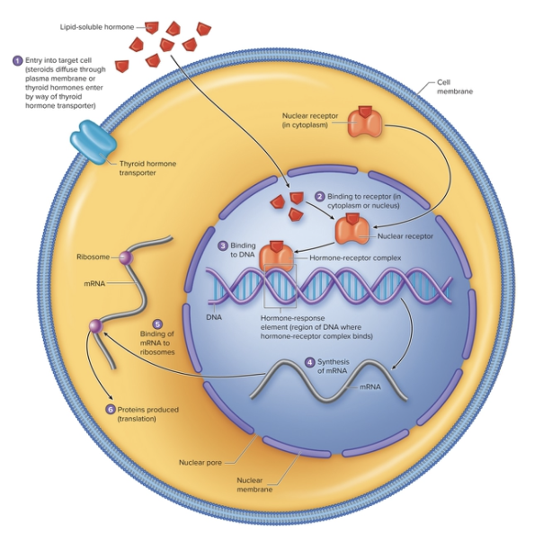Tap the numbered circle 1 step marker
(16, 60)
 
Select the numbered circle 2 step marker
(319, 197)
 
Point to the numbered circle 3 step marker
(223, 245)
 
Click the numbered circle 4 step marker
(310, 362)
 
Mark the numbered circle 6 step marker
(110, 410)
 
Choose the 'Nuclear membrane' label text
(254, 485)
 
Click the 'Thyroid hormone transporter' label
(147, 168)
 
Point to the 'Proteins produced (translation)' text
(147, 414)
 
